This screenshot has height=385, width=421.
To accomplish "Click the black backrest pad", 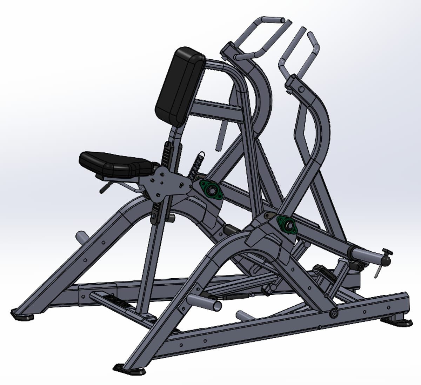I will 180,86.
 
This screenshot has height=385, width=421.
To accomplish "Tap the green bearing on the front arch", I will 287,224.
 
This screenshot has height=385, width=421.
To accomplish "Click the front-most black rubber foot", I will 129,370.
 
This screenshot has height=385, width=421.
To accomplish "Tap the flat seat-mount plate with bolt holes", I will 165,184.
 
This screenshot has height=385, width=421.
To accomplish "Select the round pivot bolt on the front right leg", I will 334,313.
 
